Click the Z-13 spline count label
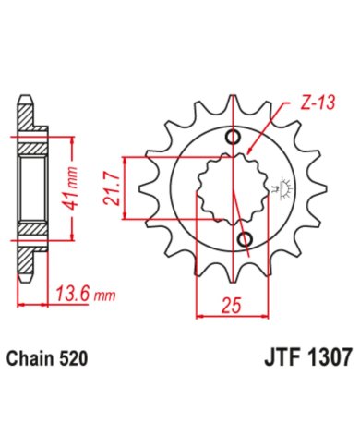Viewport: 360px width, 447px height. click(x=318, y=103)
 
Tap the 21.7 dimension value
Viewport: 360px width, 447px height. click(x=112, y=188)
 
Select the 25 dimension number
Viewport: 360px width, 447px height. click(x=232, y=306)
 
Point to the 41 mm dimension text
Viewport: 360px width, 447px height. click(x=72, y=188)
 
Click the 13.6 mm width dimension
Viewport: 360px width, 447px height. click(x=86, y=294)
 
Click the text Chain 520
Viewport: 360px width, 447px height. click(x=47, y=359)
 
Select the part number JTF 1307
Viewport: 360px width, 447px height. click(x=307, y=357)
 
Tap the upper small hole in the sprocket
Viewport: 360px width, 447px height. click(x=233, y=137)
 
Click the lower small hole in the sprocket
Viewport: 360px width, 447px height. click(x=246, y=238)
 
